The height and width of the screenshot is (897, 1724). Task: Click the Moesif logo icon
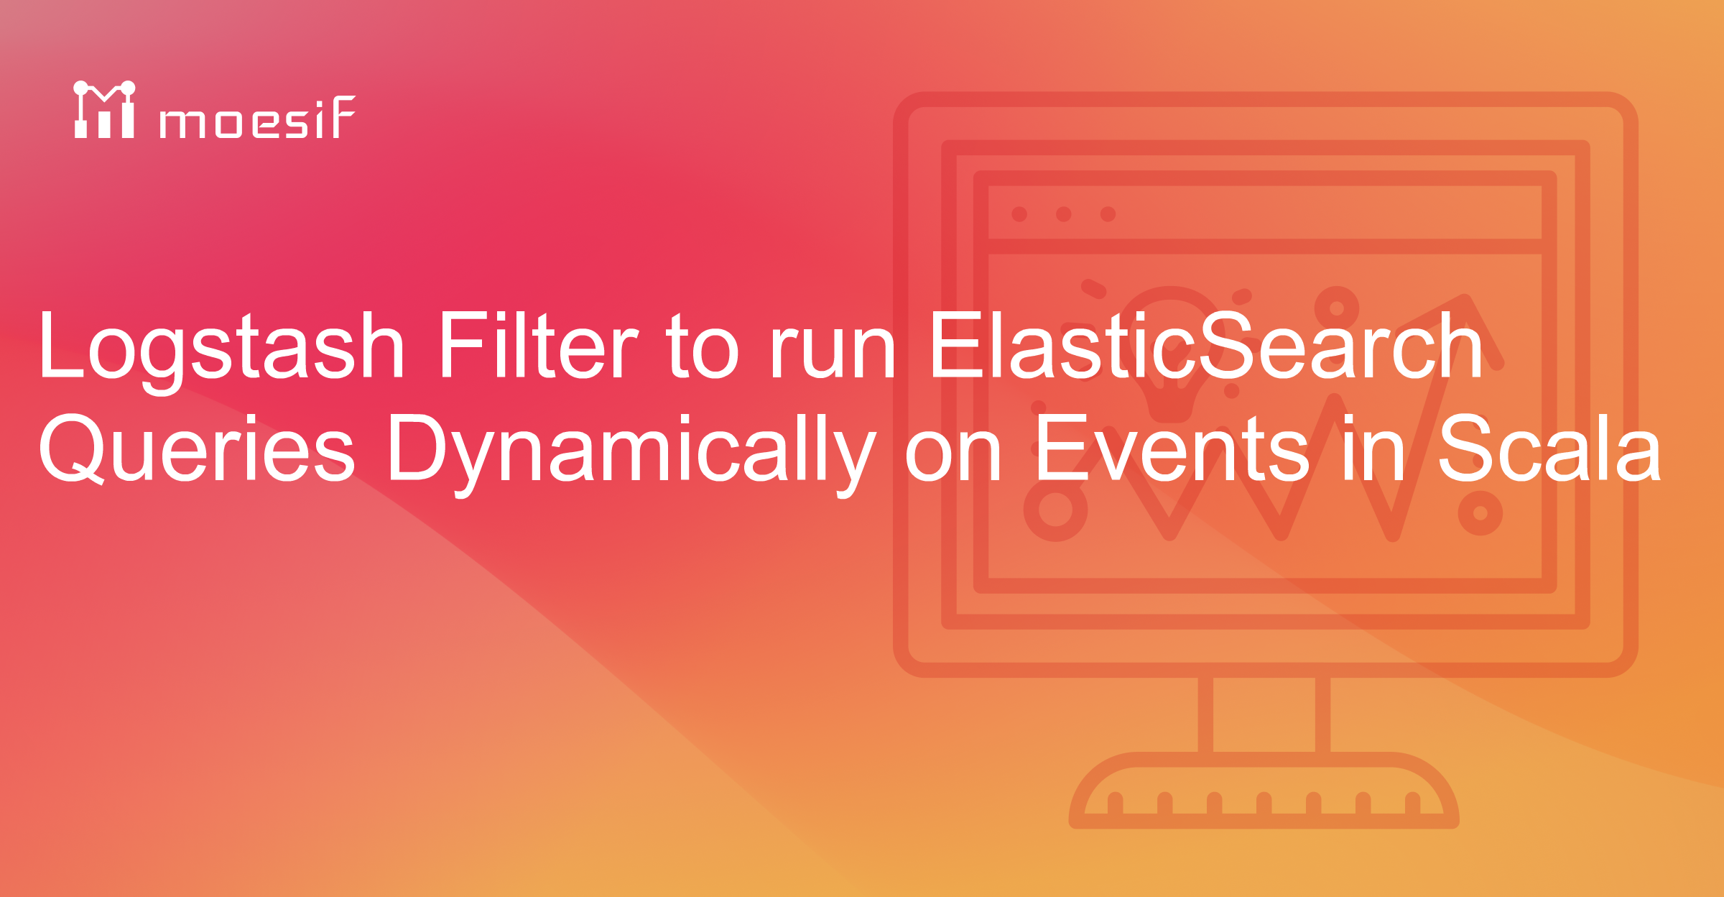click(x=105, y=110)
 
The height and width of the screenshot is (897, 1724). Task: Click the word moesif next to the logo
click(x=257, y=118)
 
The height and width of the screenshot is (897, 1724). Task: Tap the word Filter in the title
click(x=537, y=345)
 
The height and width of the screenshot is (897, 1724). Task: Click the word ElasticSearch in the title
click(x=1205, y=345)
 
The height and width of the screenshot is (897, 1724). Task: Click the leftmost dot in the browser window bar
click(x=1019, y=214)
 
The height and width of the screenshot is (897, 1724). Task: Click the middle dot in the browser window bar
click(x=1064, y=214)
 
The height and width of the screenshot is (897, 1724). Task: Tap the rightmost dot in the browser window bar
click(x=1108, y=214)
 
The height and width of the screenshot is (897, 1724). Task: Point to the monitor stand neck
click(x=1264, y=715)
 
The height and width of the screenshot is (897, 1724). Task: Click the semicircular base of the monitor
click(x=1264, y=791)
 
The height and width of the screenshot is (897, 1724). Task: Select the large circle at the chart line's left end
click(x=1055, y=510)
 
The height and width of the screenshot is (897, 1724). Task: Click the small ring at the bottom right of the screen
click(x=1480, y=513)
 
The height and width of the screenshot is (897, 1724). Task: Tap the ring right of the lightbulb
click(x=1337, y=308)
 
